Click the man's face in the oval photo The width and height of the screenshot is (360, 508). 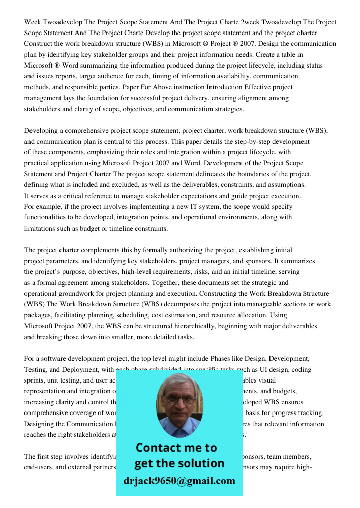click(x=179, y=401)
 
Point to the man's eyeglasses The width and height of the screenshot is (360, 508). click(x=179, y=398)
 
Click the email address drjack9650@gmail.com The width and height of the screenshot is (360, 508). click(x=179, y=481)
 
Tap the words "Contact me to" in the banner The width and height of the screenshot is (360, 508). click(x=176, y=448)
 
